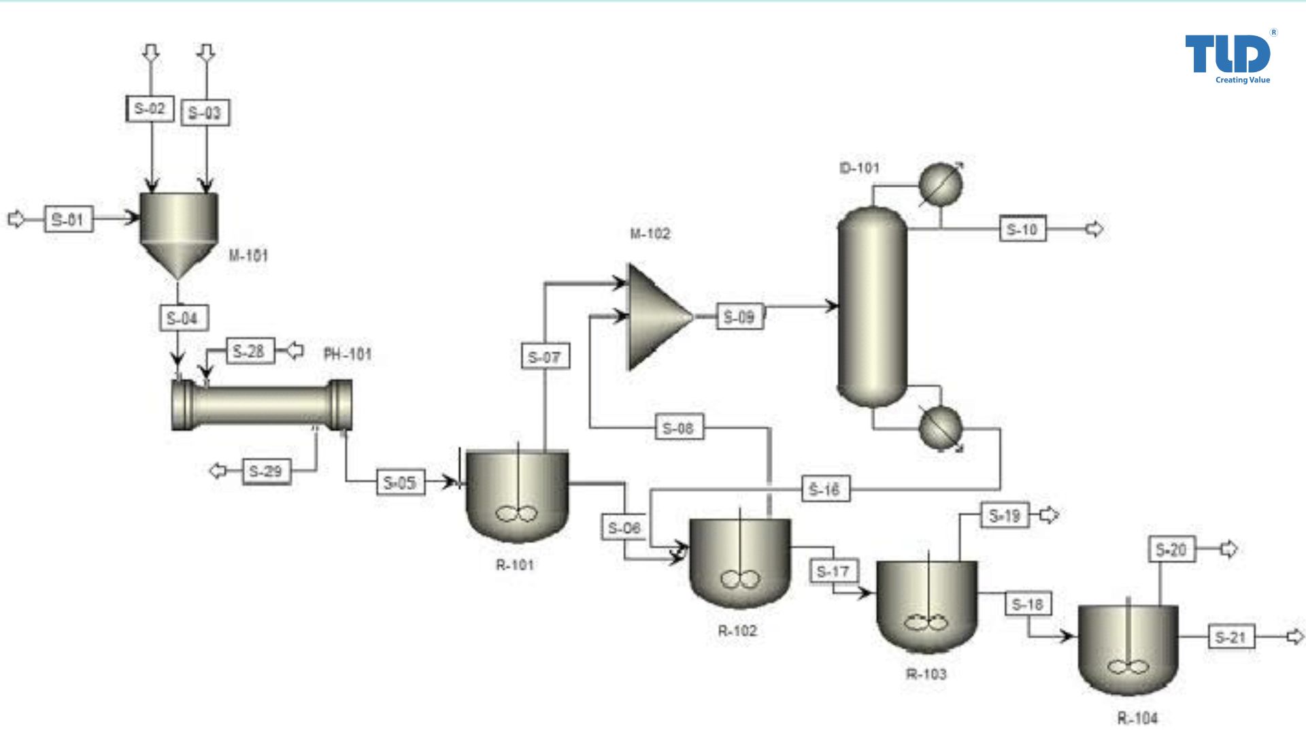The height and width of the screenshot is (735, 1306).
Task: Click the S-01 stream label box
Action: click(68, 219)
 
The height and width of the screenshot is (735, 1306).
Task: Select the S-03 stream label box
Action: click(205, 113)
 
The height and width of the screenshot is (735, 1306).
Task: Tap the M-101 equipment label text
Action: click(248, 256)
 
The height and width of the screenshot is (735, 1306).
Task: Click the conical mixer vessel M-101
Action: click(179, 228)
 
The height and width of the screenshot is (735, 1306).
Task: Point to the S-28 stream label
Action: click(250, 351)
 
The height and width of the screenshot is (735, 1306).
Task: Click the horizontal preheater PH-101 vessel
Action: click(262, 406)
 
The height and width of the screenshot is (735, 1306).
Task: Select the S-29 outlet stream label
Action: click(266, 471)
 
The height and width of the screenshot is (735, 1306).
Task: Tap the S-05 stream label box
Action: click(400, 483)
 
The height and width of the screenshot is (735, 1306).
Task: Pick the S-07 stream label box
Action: click(545, 357)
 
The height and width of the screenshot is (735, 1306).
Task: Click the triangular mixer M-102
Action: click(654, 317)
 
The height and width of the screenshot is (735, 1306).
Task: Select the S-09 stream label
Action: click(739, 317)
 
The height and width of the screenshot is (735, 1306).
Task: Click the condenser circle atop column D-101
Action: click(940, 184)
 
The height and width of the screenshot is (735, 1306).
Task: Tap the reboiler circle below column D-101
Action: click(940, 428)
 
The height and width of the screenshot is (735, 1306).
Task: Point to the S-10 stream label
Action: click(1022, 229)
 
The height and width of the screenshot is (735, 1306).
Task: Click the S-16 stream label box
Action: click(825, 489)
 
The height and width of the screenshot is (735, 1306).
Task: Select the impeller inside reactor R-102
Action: click(740, 580)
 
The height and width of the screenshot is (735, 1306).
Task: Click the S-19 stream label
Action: click(1005, 516)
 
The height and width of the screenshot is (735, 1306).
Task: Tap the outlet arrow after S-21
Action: click(1295, 637)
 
